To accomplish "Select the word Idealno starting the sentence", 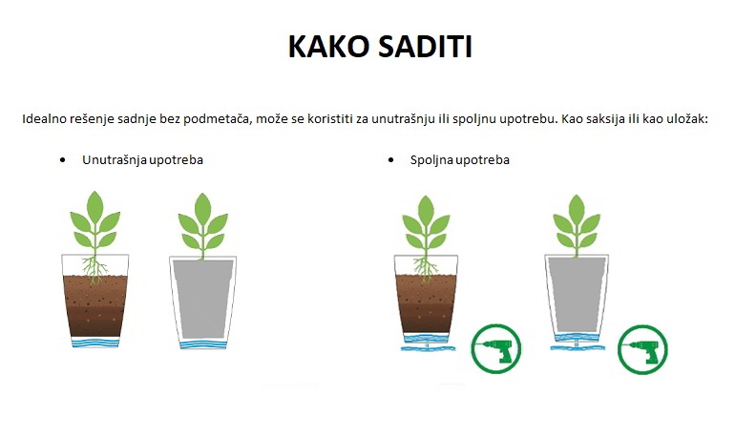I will [x=45, y=119].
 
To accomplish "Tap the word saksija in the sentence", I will [x=593, y=119].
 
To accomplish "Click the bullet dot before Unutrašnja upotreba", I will [x=62, y=159].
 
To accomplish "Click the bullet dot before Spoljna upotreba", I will [x=391, y=159].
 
